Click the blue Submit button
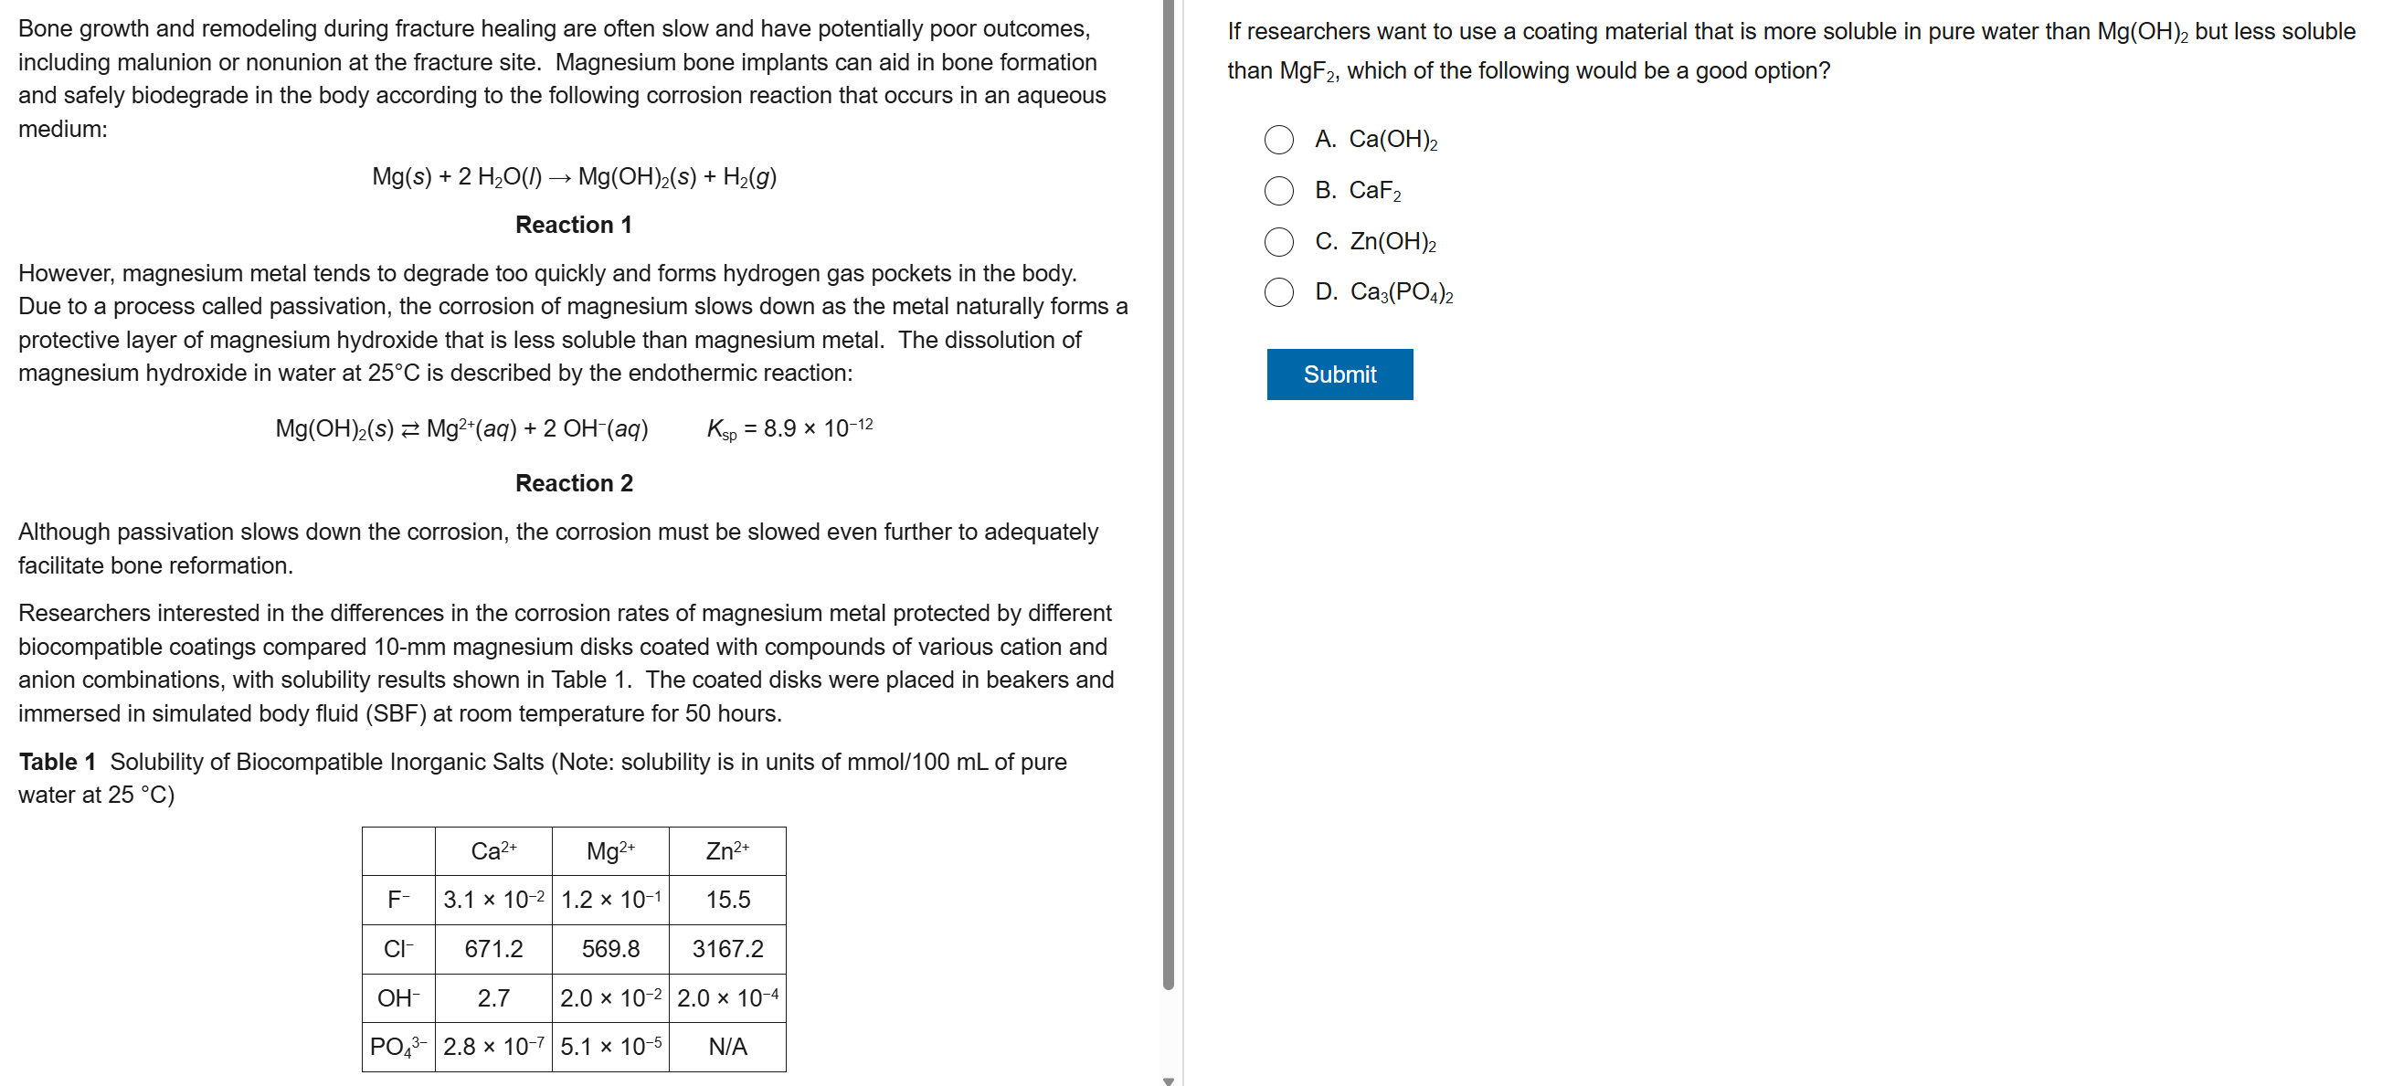(x=1339, y=374)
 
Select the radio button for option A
(x=1278, y=140)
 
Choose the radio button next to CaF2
(x=1278, y=191)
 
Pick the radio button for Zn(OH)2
(x=1278, y=241)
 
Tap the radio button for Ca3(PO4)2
(x=1278, y=292)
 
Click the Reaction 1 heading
(x=573, y=225)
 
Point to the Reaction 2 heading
(x=574, y=483)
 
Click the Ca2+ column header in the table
(x=493, y=851)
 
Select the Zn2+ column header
(x=727, y=851)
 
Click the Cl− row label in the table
(x=397, y=948)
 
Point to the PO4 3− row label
(x=397, y=1047)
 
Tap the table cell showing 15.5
(x=727, y=900)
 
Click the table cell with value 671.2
(x=493, y=948)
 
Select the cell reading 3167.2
(x=727, y=948)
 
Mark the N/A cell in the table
(x=727, y=1047)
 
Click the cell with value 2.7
(x=493, y=997)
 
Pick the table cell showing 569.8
(x=610, y=948)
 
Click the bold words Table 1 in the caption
(x=58, y=762)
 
